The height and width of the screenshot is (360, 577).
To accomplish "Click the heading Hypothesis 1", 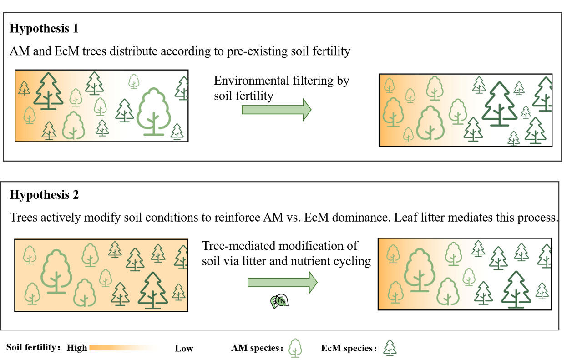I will point(44,29).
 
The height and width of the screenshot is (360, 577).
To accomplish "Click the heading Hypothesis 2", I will point(44,195).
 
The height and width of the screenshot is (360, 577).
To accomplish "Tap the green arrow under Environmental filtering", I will point(276,109).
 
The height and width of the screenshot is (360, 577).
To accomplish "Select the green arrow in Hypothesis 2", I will point(282,282).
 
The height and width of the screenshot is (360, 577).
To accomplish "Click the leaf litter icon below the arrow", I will point(280,301).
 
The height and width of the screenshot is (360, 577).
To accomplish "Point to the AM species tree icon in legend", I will point(296,348).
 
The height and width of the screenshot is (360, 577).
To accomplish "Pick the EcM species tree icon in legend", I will point(390,348).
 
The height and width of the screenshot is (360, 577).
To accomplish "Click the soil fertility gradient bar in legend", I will point(123,348).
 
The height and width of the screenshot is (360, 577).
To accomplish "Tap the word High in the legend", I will point(77,348).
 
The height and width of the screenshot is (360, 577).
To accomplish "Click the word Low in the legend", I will point(184,349).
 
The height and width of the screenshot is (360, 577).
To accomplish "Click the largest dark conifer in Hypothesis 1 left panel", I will point(48,91).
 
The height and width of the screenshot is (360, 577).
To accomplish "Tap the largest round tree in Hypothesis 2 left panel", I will point(56,271).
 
